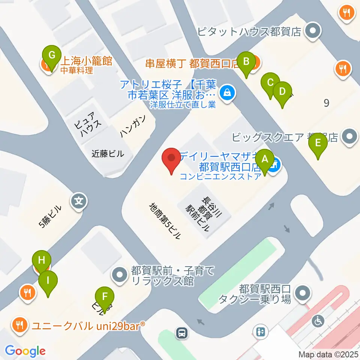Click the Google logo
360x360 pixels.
click(x=25, y=351)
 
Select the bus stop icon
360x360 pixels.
click(x=182, y=332)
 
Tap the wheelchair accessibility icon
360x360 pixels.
click(x=319, y=321)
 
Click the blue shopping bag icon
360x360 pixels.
click(x=227, y=91)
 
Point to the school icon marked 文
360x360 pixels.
click(x=79, y=201)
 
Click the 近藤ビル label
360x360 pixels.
click(x=108, y=153)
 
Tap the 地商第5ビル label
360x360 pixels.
click(x=165, y=220)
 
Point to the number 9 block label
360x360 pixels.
click(x=326, y=103)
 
